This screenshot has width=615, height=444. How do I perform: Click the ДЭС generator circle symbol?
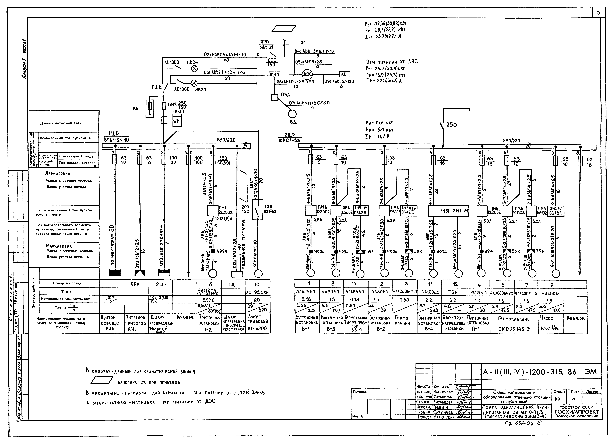[307, 74]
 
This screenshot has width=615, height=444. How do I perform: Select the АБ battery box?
[344, 74]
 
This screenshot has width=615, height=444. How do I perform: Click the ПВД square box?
[274, 97]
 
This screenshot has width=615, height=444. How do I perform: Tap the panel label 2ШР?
[289, 135]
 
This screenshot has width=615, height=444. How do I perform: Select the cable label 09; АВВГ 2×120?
[340, 81]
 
